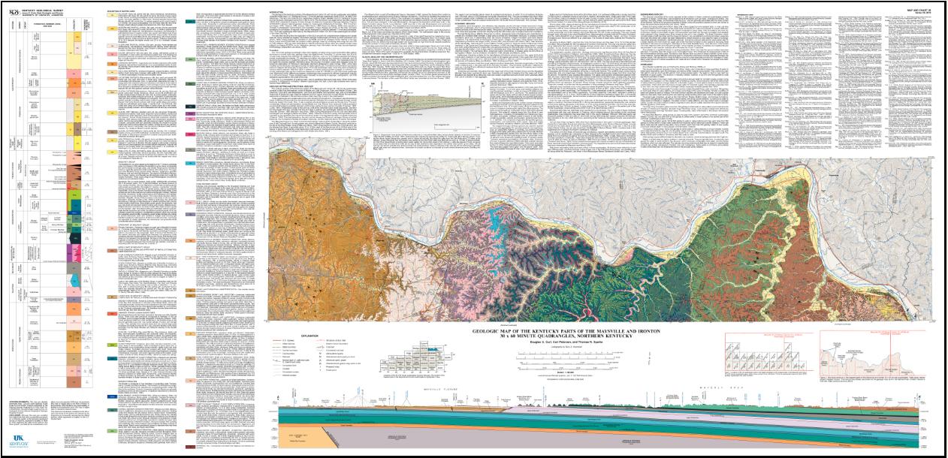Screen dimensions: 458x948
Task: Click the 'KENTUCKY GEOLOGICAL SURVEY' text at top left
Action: (47, 5)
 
